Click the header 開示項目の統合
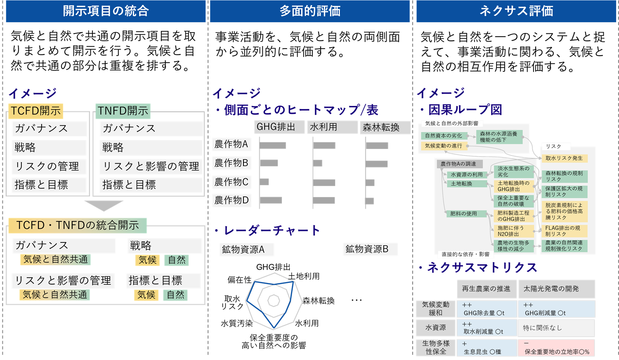[x=106, y=11]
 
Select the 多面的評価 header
[x=310, y=11]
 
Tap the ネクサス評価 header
[x=516, y=11]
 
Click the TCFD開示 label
[x=36, y=111]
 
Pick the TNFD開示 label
[x=123, y=111]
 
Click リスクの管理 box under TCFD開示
[x=49, y=166]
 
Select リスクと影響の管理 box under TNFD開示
[x=151, y=166]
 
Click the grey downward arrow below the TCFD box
[x=104, y=205]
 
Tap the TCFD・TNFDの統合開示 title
[x=78, y=225]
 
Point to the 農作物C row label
[x=232, y=182]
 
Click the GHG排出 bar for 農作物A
[x=273, y=145]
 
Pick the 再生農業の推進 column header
[x=487, y=289]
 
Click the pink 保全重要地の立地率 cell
[x=556, y=348]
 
